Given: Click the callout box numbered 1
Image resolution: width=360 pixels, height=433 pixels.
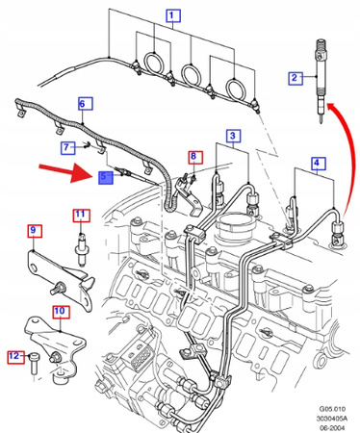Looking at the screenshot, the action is (173, 15).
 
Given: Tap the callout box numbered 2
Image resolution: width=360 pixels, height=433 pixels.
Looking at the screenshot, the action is (296, 77).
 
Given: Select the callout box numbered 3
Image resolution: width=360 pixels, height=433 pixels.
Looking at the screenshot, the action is (233, 136).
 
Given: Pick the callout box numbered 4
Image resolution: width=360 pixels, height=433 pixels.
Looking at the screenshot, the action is (318, 163).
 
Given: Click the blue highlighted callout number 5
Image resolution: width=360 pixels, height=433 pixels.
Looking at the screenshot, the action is (106, 177).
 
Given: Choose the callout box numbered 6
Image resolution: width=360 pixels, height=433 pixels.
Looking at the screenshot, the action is (86, 103).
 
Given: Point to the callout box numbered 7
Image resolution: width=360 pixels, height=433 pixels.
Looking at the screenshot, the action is (67, 147).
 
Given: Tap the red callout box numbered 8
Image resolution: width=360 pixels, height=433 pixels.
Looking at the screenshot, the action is (195, 157).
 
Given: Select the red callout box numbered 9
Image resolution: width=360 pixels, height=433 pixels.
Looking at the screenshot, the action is (35, 231).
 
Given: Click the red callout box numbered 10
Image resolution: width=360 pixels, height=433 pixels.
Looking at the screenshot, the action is (61, 311).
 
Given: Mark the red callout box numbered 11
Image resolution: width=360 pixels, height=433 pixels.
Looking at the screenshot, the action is (82, 215).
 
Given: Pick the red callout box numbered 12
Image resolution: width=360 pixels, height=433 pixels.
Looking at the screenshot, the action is (15, 356).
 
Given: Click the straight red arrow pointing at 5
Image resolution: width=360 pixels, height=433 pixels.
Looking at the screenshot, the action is (64, 170).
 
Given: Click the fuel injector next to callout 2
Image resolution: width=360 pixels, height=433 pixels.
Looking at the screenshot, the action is (321, 81).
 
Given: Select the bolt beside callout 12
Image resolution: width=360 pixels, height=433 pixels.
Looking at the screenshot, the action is (34, 364).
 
